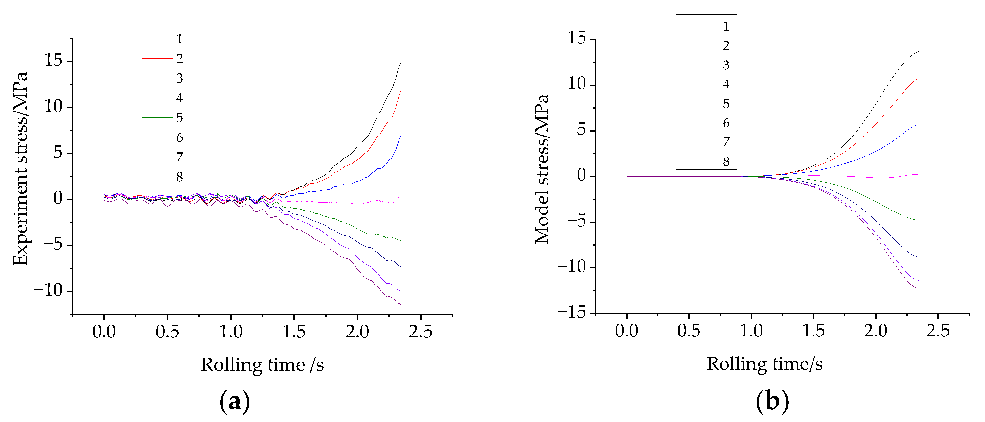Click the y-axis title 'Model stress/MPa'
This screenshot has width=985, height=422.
[x=542, y=168]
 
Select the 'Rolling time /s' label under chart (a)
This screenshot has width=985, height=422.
[x=262, y=364]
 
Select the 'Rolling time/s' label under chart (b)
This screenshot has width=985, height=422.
[x=764, y=364]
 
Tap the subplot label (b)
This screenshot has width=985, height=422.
[x=772, y=402]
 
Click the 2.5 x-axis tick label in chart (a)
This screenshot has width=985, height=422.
[x=420, y=332]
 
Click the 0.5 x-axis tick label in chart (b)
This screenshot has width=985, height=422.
[x=689, y=331]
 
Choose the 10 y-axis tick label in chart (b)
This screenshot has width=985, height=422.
[x=577, y=84]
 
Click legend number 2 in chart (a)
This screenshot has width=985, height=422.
[x=179, y=59]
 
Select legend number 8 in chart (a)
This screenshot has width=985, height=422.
[x=179, y=177]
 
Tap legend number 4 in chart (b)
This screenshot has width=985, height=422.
[x=726, y=84]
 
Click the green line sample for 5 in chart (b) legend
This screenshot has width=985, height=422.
[x=702, y=103]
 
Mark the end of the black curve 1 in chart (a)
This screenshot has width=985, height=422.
[x=401, y=63]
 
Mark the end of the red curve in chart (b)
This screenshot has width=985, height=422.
[x=918, y=79]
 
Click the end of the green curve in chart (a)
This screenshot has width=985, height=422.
[x=401, y=240]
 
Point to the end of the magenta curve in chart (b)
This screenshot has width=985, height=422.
[x=918, y=174]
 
